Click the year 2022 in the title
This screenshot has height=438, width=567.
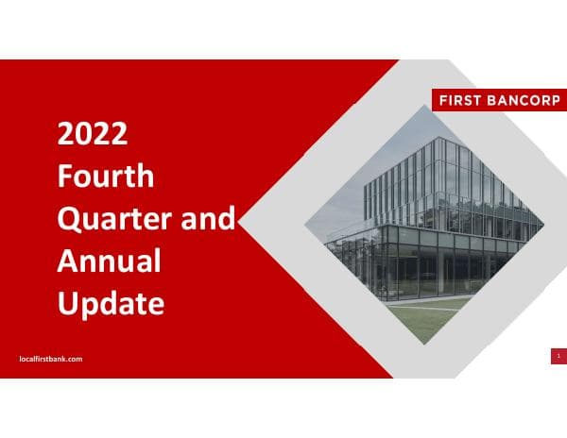coord(93,134)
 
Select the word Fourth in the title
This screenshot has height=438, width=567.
coord(106,177)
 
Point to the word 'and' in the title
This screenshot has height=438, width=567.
coord(207,219)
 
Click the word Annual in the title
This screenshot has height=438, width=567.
coord(110,261)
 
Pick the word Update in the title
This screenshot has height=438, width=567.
coord(111,304)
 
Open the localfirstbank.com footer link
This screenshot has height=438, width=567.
coord(51,359)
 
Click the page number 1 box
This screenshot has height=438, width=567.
coord(558,355)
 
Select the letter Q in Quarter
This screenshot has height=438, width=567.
coord(69,219)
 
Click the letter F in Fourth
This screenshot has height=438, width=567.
coord(65,177)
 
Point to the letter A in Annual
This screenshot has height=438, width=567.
coord(69,261)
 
